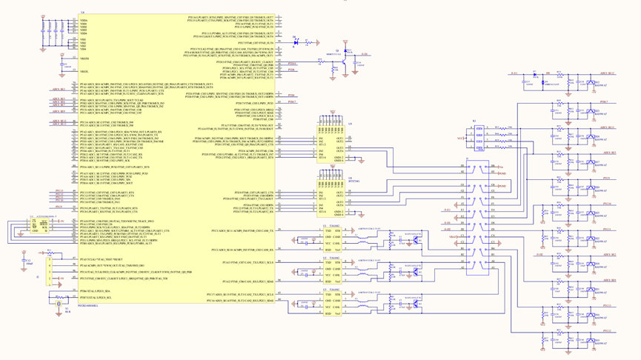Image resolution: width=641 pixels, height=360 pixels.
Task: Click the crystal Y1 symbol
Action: pyautogui.click(x=59, y=303)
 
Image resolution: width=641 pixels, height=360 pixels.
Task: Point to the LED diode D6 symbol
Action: pyautogui.click(x=297, y=43)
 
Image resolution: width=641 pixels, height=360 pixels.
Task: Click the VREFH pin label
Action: pyautogui.click(x=84, y=59)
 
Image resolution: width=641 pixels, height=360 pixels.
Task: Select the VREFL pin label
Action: pyautogui.click(x=84, y=72)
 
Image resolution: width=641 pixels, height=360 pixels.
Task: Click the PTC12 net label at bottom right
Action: pyautogui.click(x=607, y=331)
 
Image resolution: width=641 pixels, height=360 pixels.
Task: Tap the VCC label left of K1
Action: pyautogui.click(x=460, y=139)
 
